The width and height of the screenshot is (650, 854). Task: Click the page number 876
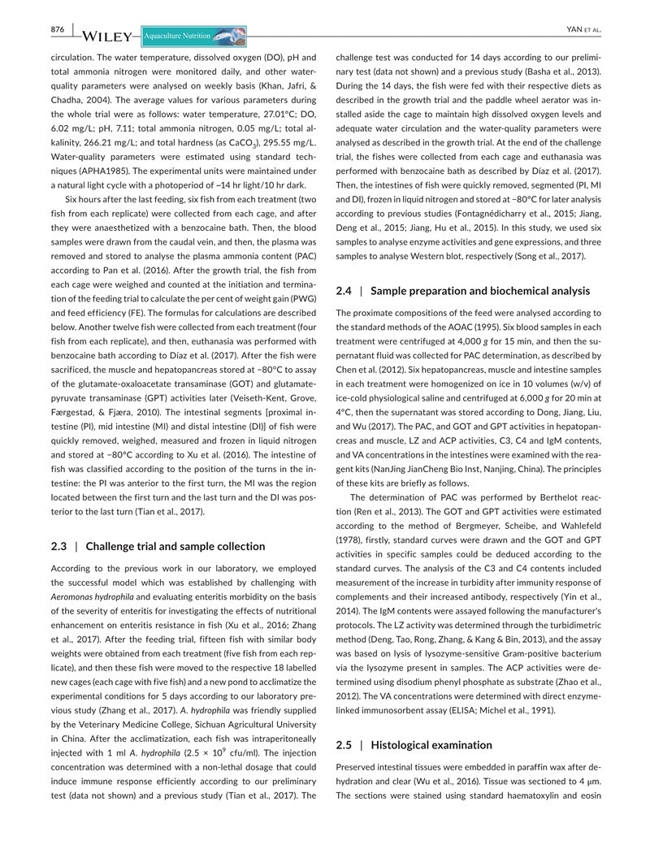[x=58, y=30]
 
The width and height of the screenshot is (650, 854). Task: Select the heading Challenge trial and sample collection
[x=175, y=546]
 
